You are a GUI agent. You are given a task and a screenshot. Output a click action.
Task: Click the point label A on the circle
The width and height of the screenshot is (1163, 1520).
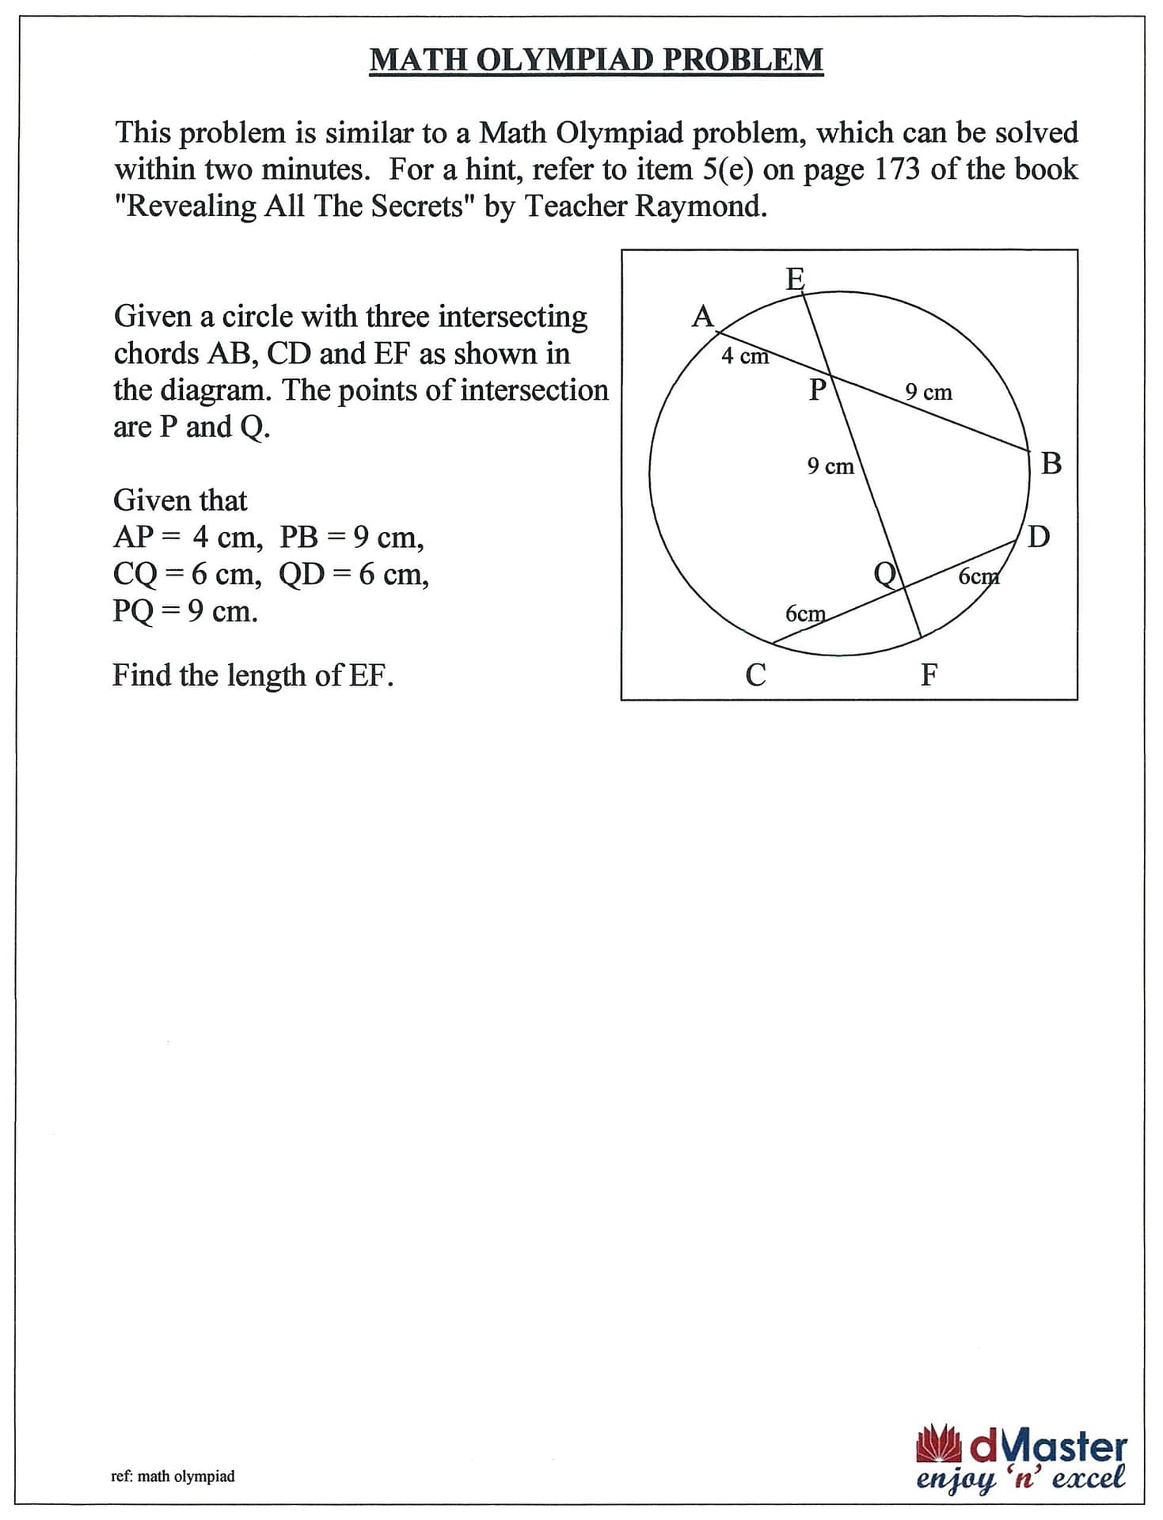[702, 317]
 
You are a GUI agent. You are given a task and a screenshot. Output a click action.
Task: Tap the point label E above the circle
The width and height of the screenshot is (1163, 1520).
[795, 279]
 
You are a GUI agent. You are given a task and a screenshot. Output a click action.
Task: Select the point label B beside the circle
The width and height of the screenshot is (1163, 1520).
[1051, 463]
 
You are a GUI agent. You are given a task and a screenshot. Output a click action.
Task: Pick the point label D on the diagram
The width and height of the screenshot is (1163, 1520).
[1039, 537]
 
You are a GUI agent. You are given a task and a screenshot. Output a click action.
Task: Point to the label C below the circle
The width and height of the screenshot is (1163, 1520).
[755, 675]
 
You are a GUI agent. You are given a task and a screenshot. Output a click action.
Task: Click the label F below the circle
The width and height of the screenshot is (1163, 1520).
[929, 675]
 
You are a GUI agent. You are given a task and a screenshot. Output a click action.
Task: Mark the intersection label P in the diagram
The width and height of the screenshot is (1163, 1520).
[817, 389]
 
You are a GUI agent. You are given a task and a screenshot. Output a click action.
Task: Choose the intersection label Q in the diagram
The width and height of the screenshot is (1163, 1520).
[885, 572]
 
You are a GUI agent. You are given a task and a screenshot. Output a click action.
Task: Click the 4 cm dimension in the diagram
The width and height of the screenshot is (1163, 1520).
[744, 356]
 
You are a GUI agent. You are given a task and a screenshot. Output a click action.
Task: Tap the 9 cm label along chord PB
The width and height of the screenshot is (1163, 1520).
[929, 392]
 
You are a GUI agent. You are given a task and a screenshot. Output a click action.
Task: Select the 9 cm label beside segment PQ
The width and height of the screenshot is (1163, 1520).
[830, 466]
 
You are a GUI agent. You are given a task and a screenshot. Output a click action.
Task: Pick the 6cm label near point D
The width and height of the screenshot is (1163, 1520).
[979, 576]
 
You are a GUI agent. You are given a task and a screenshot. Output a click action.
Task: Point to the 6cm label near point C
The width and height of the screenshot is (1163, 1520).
[805, 614]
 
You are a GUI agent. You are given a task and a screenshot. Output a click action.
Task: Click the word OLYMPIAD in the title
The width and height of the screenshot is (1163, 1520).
[566, 60]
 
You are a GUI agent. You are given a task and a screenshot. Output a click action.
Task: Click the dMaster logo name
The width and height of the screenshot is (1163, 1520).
[1047, 1448]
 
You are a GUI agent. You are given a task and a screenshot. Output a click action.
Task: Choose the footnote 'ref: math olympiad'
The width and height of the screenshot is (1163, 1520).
[173, 1476]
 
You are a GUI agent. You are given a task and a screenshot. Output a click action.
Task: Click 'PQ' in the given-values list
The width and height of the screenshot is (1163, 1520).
[132, 611]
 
